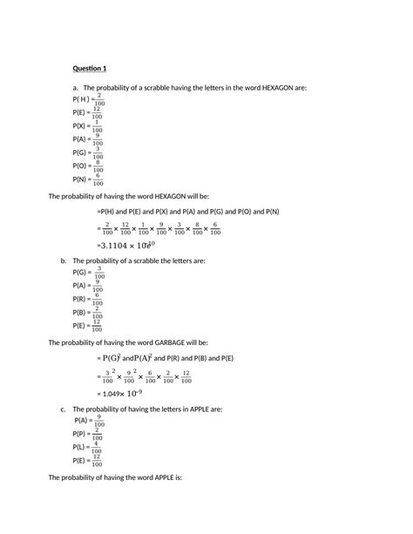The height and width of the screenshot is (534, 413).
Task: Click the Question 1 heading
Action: pos(90,68)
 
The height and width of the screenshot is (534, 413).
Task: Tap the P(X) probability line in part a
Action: pos(88,125)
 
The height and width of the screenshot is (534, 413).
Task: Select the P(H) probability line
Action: pos(88,98)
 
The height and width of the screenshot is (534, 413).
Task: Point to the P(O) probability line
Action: pos(88,166)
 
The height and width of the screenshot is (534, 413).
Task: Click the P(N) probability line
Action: pos(88,180)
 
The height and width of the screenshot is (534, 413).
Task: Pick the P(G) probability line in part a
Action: pos(88,152)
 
